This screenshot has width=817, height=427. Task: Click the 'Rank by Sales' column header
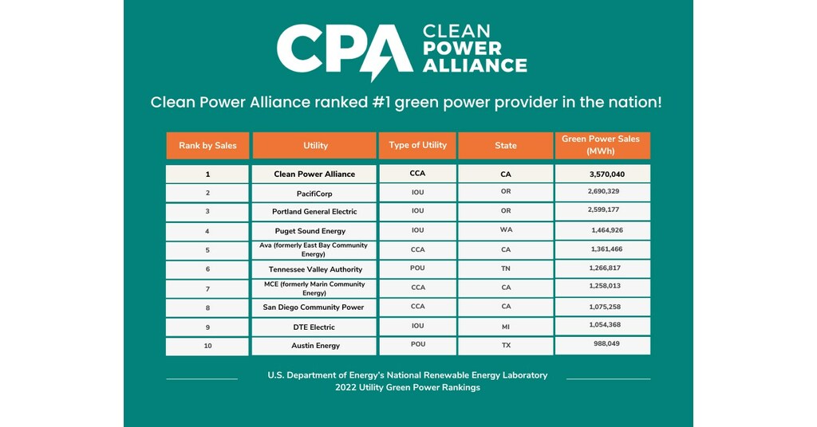coord(207,146)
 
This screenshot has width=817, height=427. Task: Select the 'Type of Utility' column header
coord(417,145)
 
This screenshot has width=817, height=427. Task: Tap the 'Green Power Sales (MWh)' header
coord(602,145)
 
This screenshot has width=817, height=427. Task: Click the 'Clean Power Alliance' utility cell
coord(314,174)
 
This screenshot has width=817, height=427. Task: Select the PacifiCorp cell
coord(314,194)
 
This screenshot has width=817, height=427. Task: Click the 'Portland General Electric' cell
coord(314,212)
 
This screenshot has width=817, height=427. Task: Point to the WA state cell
coord(505,230)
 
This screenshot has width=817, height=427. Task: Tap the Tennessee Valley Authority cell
coord(314,269)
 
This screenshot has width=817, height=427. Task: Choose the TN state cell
coord(505,268)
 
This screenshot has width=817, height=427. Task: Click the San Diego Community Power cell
coord(314,308)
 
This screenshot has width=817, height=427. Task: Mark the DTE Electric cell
coord(314,327)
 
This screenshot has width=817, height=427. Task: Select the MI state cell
coord(505,326)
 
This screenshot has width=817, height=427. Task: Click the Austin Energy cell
coord(314,346)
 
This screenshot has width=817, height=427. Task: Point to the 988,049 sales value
coord(603,344)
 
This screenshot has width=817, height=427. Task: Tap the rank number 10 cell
coord(207,346)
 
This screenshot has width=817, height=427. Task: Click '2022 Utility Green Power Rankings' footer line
coord(408,388)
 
